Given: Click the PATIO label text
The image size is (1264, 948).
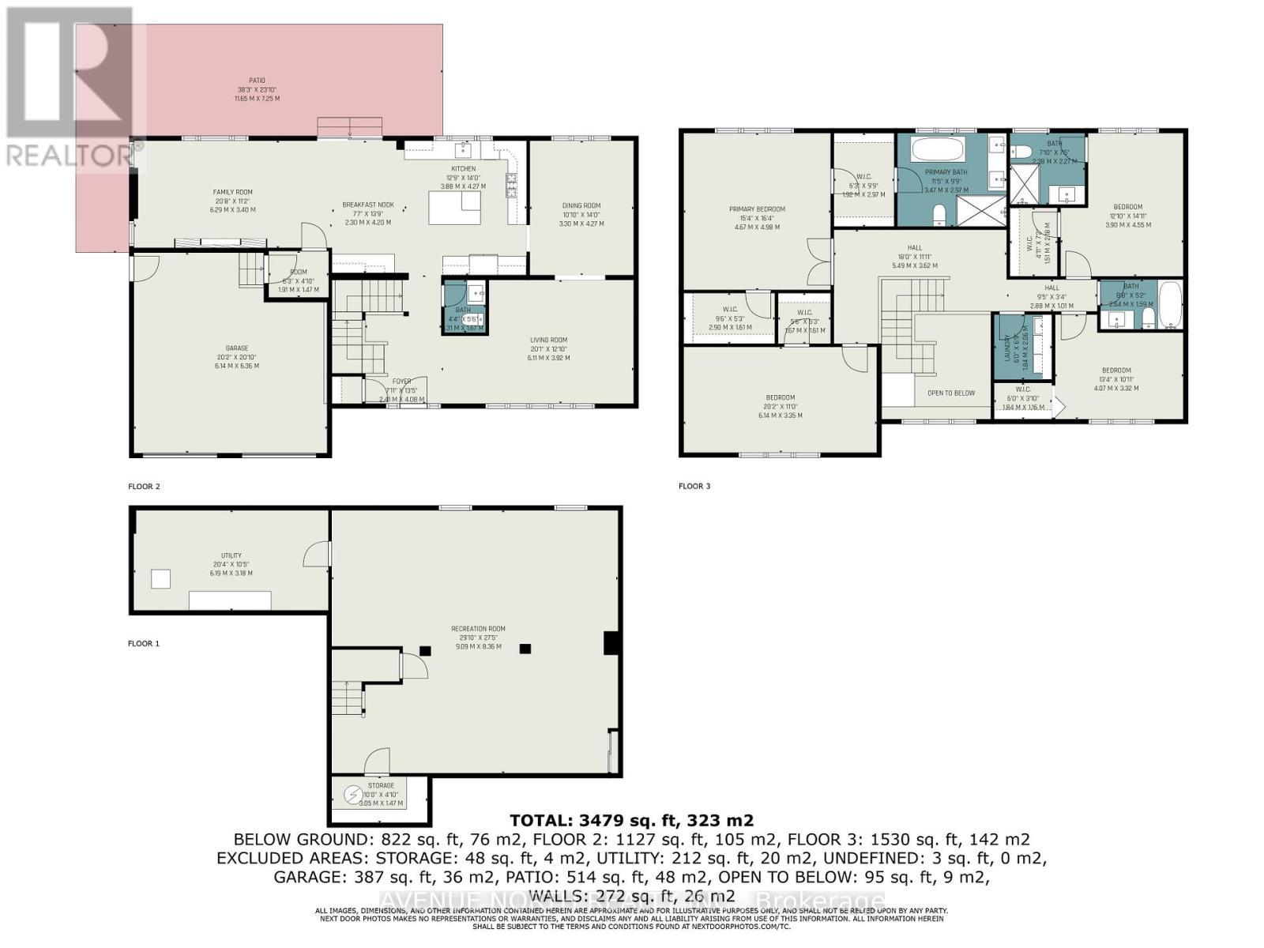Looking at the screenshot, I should [x=257, y=81].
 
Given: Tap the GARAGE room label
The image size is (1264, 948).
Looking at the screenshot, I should [x=237, y=348].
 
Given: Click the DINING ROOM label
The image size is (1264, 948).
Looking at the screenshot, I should [x=581, y=205].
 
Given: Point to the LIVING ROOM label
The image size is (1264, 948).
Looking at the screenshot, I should [x=548, y=340].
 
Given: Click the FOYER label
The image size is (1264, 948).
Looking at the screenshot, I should [x=402, y=382].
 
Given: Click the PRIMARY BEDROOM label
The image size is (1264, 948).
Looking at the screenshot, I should [x=757, y=209].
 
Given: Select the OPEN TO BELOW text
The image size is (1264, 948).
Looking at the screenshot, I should [x=950, y=393].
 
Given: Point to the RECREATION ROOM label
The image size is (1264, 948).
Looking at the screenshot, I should [x=478, y=629].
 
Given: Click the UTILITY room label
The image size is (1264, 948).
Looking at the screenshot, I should [x=231, y=555].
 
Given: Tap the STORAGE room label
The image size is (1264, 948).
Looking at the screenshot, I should [x=381, y=785].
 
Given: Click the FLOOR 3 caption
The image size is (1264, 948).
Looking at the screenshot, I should [x=694, y=486].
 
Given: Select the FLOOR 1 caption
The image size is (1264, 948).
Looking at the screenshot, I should [x=144, y=643].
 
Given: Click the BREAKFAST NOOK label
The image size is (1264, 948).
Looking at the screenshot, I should [x=367, y=205].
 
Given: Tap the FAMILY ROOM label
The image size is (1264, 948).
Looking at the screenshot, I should [x=232, y=192].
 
